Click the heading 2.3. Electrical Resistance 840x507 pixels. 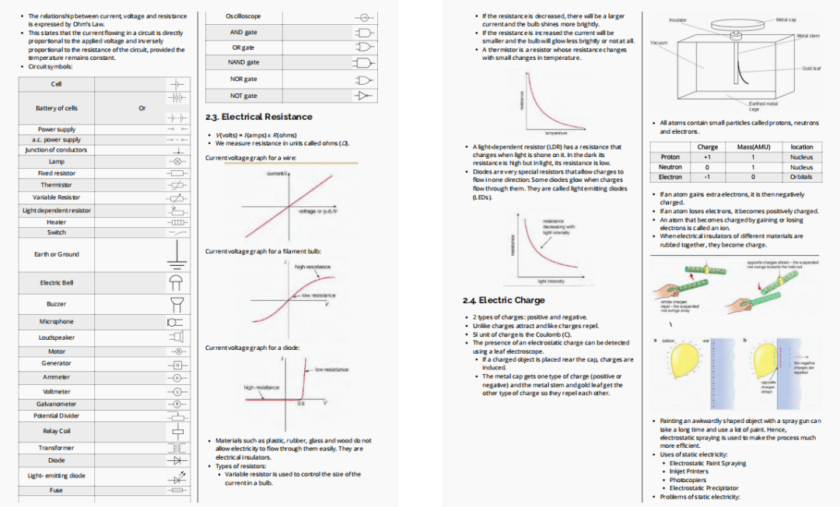259,117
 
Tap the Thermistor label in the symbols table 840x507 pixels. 56,185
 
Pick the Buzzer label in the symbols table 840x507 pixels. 56,304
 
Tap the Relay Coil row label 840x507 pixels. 56,430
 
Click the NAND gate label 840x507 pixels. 243,62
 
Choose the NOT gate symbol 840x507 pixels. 362,96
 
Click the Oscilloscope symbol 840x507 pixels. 362,17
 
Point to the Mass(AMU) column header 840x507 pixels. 753,147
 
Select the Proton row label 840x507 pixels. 670,157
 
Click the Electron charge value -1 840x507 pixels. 707,177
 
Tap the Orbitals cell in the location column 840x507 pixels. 801,177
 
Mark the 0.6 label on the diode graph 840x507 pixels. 302,404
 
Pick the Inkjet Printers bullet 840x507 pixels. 689,471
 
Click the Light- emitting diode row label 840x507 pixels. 56,476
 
